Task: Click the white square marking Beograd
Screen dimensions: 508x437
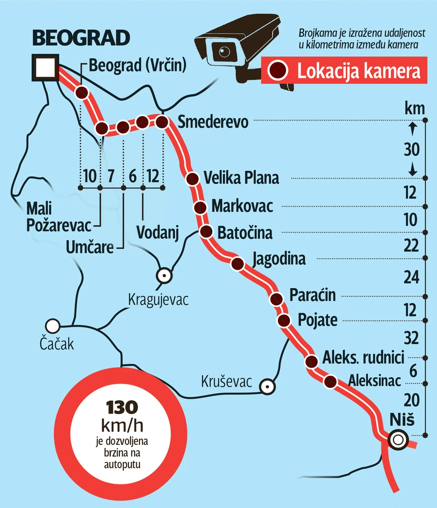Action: pyautogui.click(x=45, y=67)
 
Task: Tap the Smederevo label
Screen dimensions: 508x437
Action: pyautogui.click(x=213, y=122)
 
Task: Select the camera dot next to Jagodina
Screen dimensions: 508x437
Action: pyautogui.click(x=238, y=264)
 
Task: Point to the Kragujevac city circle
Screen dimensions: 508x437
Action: pyautogui.click(x=164, y=275)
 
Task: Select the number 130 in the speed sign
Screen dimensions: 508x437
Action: pyautogui.click(x=122, y=408)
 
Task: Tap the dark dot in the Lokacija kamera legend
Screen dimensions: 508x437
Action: pyautogui.click(x=279, y=71)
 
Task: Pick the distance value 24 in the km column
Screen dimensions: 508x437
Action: pyautogui.click(x=411, y=278)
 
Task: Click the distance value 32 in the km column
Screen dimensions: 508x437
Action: pyautogui.click(x=411, y=337)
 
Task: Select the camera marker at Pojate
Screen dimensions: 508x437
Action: pyautogui.click(x=284, y=320)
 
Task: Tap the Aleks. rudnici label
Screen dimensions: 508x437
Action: pyautogui.click(x=363, y=358)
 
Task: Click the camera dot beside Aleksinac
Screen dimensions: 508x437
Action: pyautogui.click(x=330, y=381)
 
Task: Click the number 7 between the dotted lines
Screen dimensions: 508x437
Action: pyautogui.click(x=111, y=176)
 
